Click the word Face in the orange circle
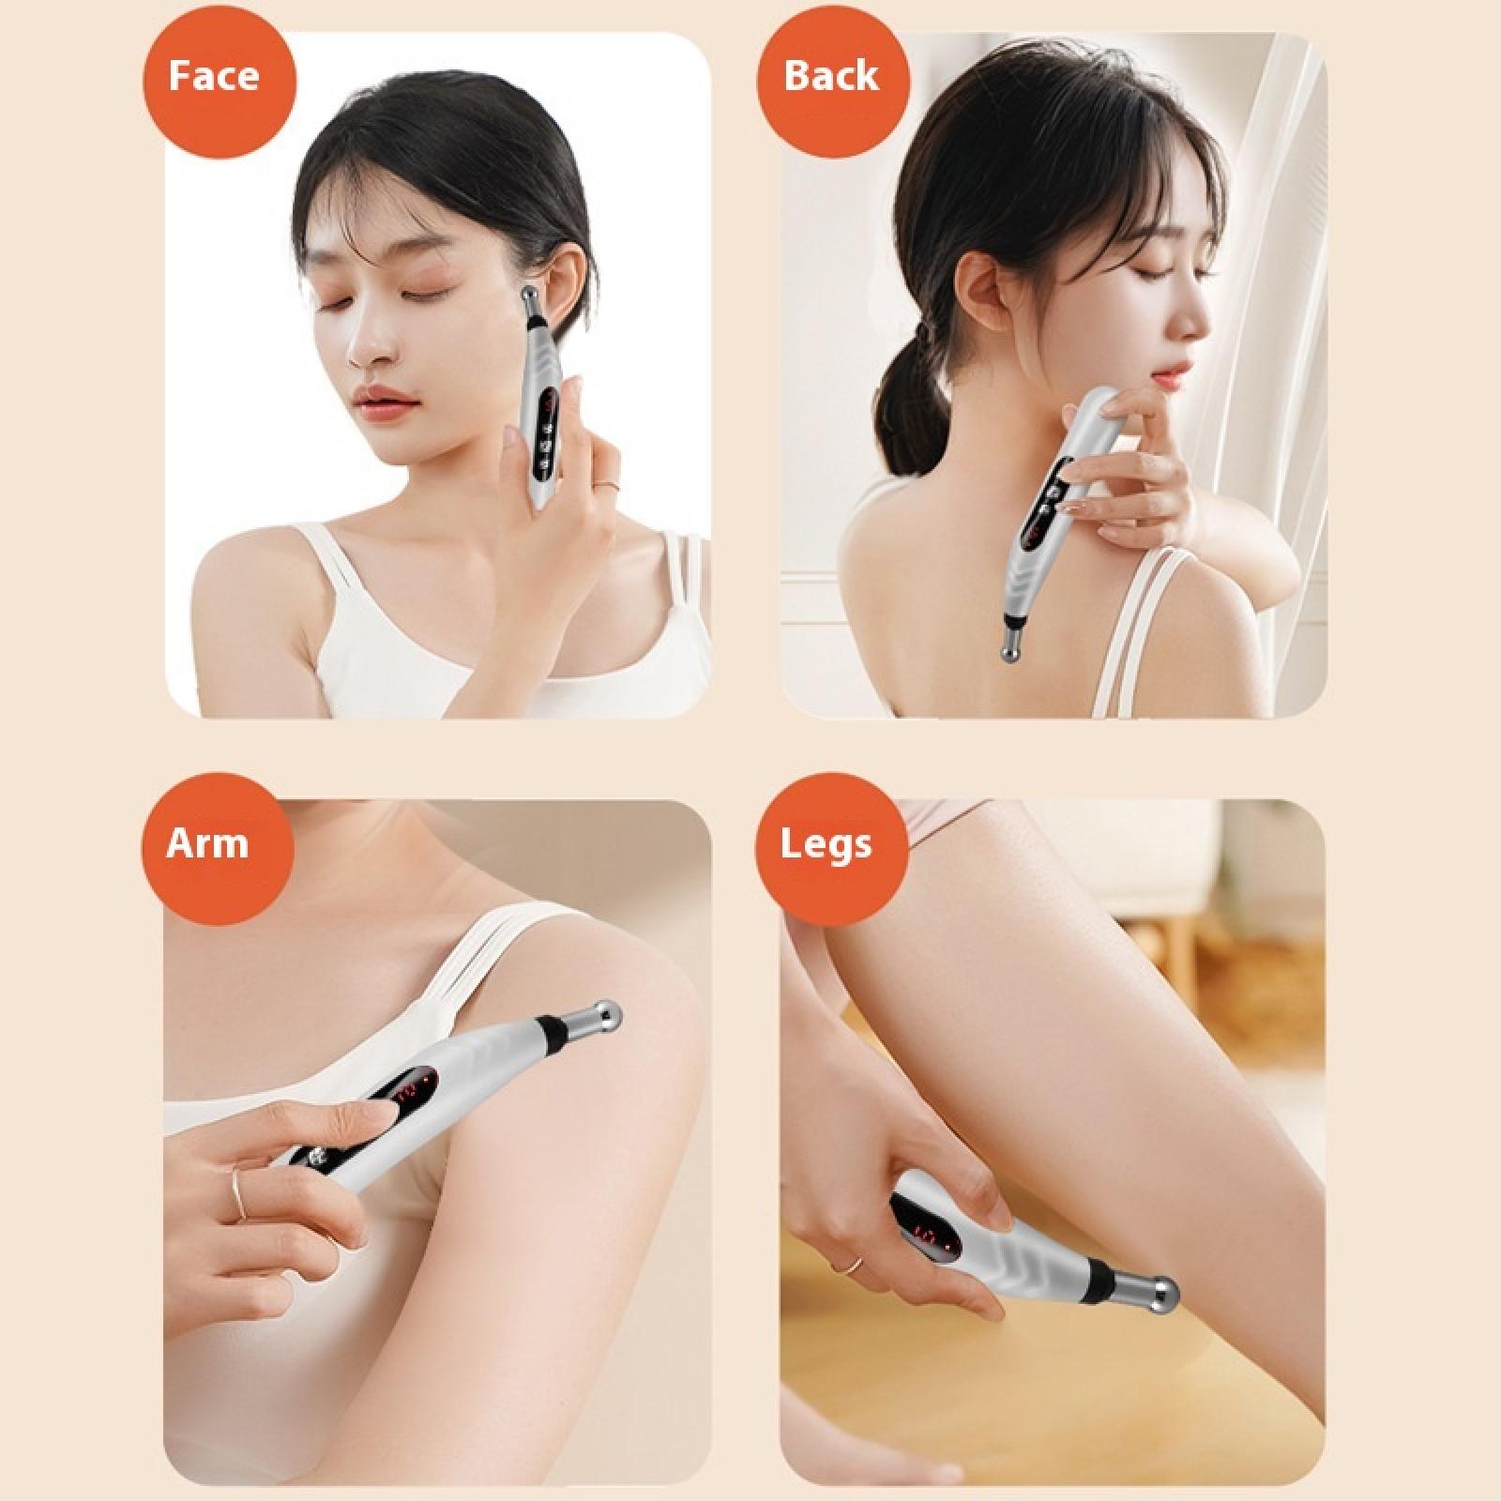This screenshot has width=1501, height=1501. coord(213,76)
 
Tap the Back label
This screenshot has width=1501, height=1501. coord(831,76)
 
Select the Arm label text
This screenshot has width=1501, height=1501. coord(206,843)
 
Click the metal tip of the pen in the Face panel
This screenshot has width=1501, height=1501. coord(532,305)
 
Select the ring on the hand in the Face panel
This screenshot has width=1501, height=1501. coord(608,484)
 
